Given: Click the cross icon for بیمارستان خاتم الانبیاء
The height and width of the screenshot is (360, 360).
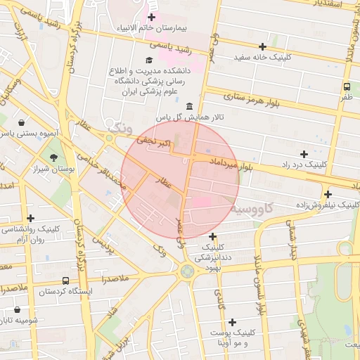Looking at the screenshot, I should coord(151,16).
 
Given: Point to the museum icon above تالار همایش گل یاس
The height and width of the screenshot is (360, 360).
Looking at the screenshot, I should coord(188,105).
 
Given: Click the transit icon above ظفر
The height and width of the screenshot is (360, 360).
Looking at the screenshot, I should coord(347,86).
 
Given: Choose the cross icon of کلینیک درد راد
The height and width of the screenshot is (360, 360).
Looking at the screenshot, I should coord(304,153).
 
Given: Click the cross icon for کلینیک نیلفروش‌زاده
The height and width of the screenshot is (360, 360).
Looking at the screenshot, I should coord(328,194).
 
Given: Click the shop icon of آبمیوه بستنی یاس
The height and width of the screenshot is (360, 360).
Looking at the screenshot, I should coord(22,122).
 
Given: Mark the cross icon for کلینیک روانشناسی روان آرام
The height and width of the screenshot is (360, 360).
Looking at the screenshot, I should coord(30,218).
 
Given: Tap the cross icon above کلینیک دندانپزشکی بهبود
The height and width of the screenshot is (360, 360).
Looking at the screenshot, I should coord(212,236).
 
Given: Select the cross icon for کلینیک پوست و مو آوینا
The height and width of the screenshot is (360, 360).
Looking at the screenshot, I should coord(232,321).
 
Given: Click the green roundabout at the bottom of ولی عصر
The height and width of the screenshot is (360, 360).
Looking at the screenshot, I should coord(186,271).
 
